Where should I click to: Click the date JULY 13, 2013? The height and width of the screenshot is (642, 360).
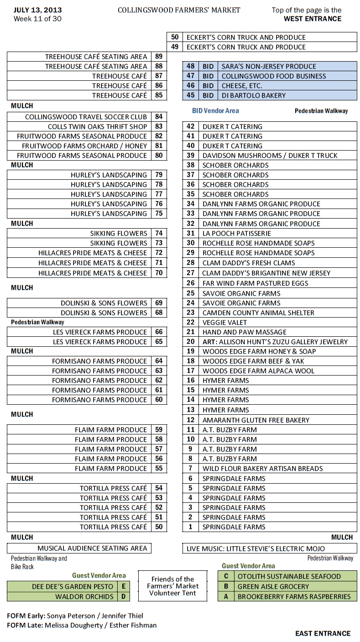tap(37, 10)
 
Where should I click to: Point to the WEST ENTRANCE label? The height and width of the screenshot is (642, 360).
tap(312, 19)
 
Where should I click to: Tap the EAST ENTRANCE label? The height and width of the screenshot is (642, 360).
tap(323, 633)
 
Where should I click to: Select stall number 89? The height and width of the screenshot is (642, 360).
tap(159, 57)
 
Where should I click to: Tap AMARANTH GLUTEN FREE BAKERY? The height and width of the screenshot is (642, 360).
tap(256, 420)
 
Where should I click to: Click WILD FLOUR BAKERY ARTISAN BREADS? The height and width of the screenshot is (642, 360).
tap(262, 469)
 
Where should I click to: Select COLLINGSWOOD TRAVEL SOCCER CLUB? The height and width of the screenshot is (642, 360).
tap(86, 117)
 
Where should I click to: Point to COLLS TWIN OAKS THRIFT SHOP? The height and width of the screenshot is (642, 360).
tap(97, 126)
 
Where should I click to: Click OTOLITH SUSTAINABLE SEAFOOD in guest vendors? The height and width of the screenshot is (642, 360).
tap(289, 576)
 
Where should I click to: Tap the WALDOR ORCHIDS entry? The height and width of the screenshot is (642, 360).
tap(84, 596)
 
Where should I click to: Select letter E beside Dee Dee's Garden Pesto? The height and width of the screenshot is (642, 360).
tap(123, 586)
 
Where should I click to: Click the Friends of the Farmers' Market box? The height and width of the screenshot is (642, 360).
tap(172, 586)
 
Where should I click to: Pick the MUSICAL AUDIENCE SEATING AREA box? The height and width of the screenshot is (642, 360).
tap(92, 548)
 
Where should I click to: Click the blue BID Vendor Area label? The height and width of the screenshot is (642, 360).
tap(215, 110)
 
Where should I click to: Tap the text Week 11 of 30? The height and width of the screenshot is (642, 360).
tap(37, 19)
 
